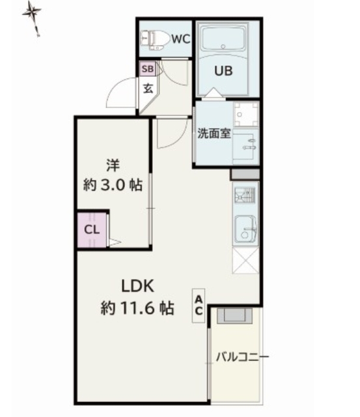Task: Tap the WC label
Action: tap(181, 39)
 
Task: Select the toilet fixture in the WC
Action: tap(155, 40)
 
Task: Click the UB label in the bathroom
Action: tap(223, 71)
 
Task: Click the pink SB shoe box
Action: tap(148, 69)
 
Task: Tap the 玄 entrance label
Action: tap(148, 89)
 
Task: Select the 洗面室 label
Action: tap(214, 133)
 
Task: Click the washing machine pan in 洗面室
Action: tap(246, 115)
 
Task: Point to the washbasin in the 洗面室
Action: tap(246, 146)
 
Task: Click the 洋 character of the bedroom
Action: tap(113, 165)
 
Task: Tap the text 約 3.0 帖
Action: tap(113, 185)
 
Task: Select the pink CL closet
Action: tap(92, 229)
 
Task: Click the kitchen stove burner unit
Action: tap(245, 195)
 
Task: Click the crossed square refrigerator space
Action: tap(245, 261)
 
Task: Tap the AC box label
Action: tap(199, 306)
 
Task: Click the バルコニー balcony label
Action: tap(242, 356)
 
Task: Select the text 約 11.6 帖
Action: tap(137, 308)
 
